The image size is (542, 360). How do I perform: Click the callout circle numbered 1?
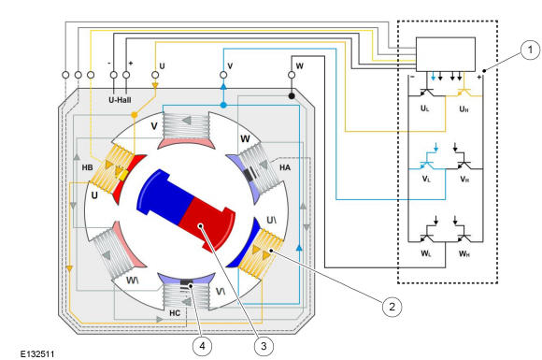530,50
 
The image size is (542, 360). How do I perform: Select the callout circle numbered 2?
392,307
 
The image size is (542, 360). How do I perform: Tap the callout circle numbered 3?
264,346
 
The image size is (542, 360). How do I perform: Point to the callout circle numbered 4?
202,346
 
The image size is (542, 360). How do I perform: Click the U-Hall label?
120,100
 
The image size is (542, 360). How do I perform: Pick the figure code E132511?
37,353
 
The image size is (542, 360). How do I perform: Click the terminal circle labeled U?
155,75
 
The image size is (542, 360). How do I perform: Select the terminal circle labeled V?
223,75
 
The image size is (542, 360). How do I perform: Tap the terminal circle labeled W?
292,75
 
